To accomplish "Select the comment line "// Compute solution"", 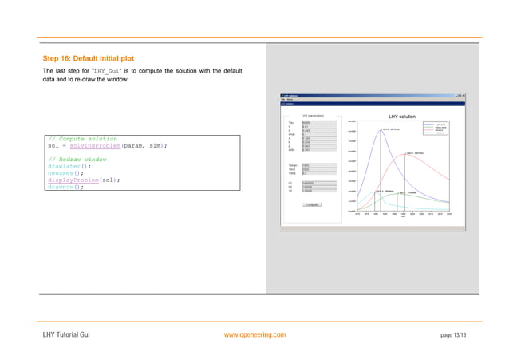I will [82, 139].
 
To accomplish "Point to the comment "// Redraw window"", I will [78, 159].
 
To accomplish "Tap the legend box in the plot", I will [439, 127].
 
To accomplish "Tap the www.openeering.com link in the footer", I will [255, 334].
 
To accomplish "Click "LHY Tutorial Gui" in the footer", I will [66, 334].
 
